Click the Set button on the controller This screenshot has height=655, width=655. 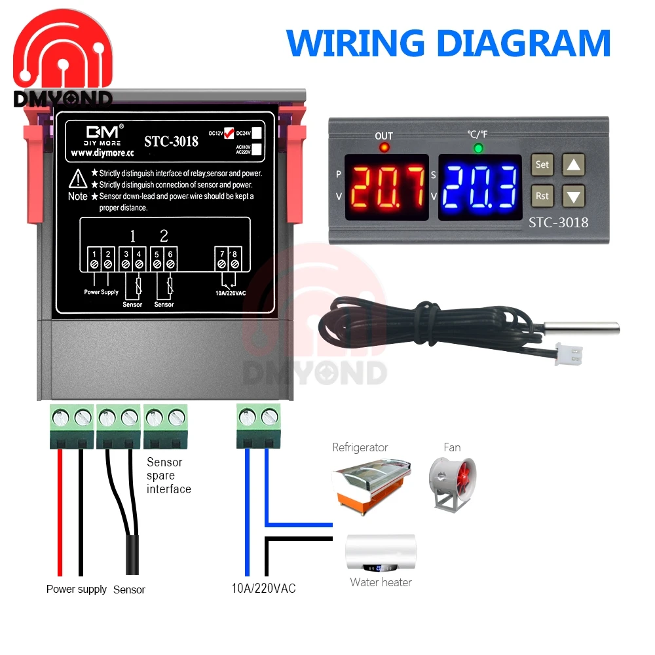542,165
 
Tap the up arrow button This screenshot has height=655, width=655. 574,165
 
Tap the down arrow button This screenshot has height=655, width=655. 574,195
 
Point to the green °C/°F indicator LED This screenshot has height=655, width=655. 478,148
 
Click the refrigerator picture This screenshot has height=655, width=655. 373,484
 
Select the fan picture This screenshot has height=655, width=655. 452,485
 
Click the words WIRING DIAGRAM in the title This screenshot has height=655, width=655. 449,43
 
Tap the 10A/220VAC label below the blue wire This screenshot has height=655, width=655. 263,588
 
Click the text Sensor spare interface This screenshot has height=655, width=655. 168,476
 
